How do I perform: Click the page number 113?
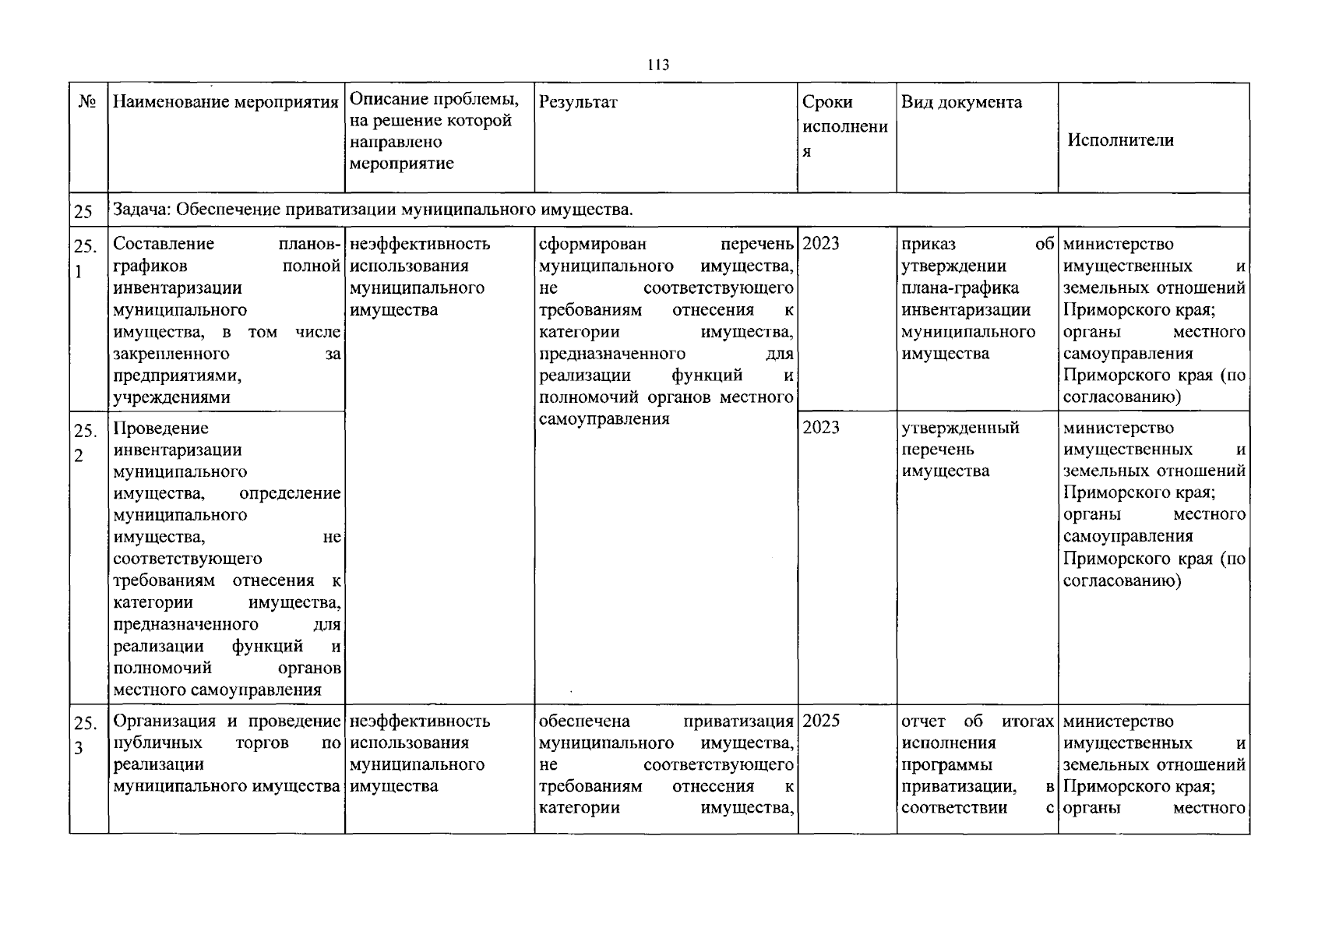pyautogui.click(x=658, y=65)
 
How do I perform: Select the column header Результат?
pyautogui.click(x=578, y=102)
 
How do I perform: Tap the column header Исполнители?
pyautogui.click(x=1120, y=140)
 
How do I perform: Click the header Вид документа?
pyautogui.click(x=961, y=102)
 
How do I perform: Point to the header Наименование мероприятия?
pyautogui.click(x=226, y=102)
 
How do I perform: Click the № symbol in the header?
pyautogui.click(x=87, y=102)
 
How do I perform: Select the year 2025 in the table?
pyautogui.click(x=821, y=721)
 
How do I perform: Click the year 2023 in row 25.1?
pyautogui.click(x=821, y=244)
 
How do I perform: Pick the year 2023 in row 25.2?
pyautogui.click(x=821, y=427)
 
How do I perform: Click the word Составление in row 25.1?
pyautogui.click(x=164, y=244)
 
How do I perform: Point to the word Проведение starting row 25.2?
pyautogui.click(x=160, y=428)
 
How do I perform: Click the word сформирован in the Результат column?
pyautogui.click(x=592, y=244)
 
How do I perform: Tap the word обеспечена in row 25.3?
pyautogui.click(x=584, y=722)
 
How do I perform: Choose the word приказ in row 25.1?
pyautogui.click(x=928, y=244)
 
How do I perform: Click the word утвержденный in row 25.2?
pyautogui.click(x=960, y=428)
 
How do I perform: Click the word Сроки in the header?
pyautogui.click(x=827, y=102)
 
